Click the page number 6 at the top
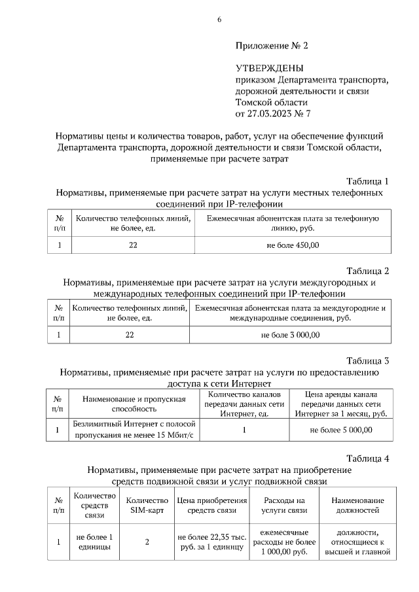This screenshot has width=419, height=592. pyautogui.click(x=219, y=20)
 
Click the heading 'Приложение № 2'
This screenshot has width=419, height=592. pyautogui.click(x=271, y=46)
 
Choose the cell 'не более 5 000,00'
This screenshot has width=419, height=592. pyautogui.click(x=340, y=430)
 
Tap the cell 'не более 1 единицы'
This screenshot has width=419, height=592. pyautogui.click(x=94, y=542)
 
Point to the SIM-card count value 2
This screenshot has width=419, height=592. pyautogui.click(x=147, y=542)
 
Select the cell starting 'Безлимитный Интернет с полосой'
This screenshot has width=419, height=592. pyautogui.click(x=134, y=430)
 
